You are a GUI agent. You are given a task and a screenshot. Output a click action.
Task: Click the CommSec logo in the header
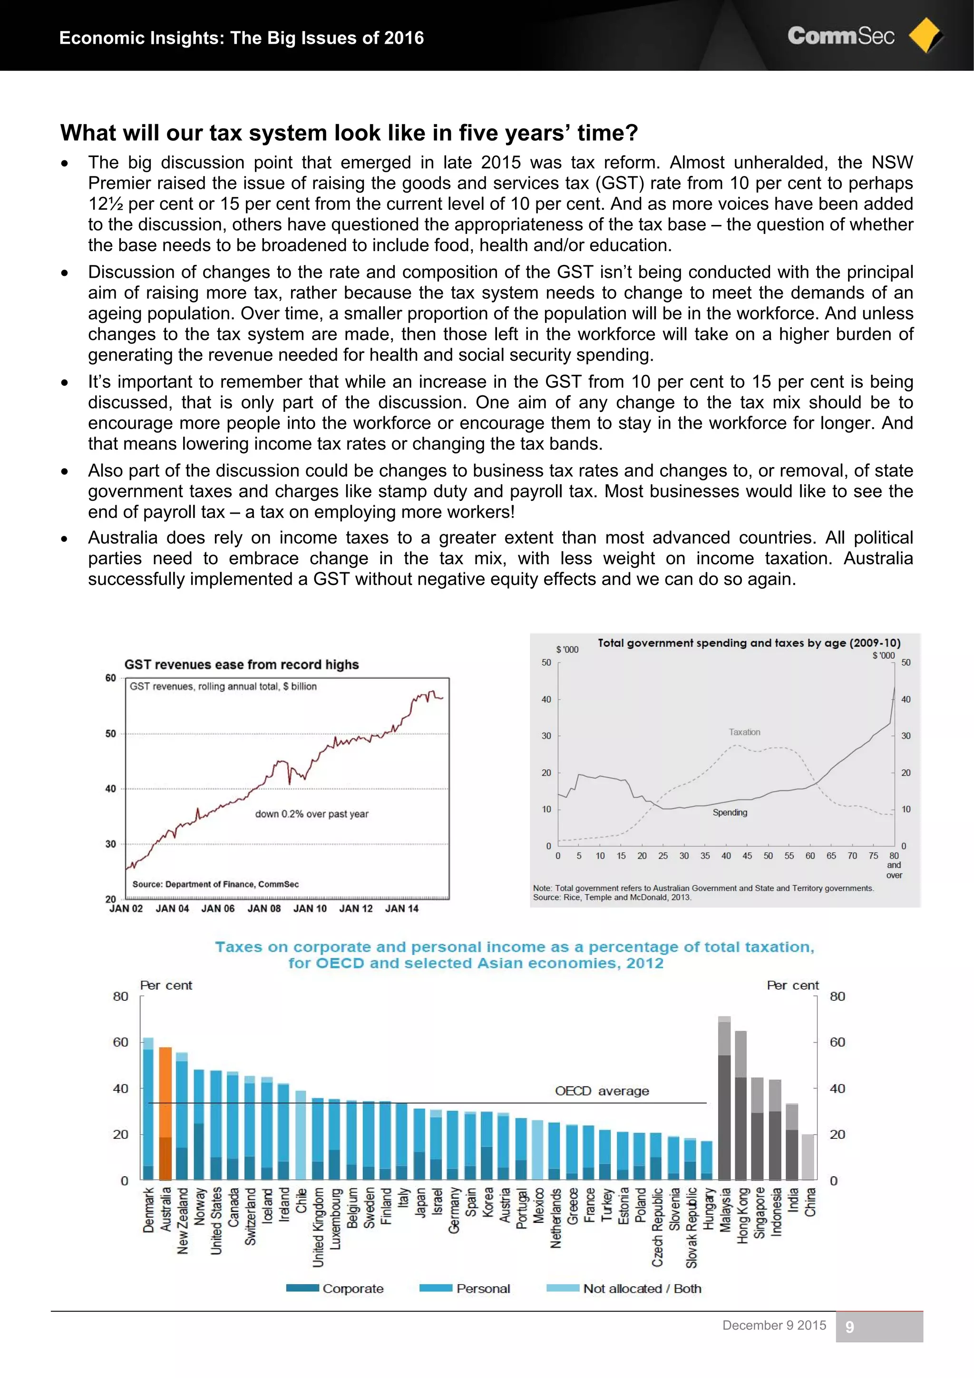[840, 36]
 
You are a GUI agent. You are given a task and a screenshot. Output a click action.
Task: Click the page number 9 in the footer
[849, 1327]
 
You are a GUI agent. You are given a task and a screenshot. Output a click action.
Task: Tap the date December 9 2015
[774, 1325]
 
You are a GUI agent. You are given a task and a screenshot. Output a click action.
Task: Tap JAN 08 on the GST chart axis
[264, 908]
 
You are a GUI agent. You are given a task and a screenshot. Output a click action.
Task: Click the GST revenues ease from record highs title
[241, 665]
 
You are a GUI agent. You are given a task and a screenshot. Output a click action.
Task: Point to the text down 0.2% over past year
[312, 814]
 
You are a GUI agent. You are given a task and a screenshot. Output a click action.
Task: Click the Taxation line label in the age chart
[744, 732]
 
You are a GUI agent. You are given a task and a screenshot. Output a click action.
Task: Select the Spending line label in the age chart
[730, 812]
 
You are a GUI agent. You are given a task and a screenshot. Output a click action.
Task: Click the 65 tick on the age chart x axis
[831, 856]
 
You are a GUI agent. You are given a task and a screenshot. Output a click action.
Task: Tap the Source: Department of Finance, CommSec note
[215, 884]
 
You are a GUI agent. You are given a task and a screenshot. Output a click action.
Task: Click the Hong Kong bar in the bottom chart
[741, 1104]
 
